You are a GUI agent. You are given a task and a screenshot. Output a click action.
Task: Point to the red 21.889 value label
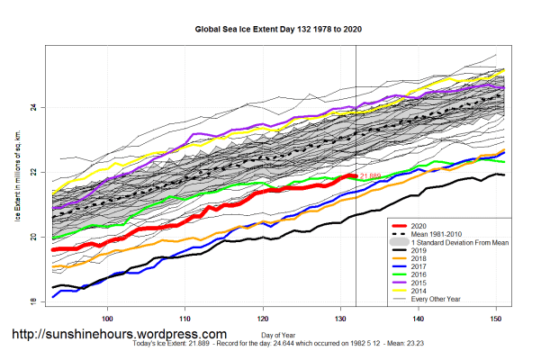(370, 175)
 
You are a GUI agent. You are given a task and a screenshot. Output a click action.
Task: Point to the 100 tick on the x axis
(108, 319)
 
